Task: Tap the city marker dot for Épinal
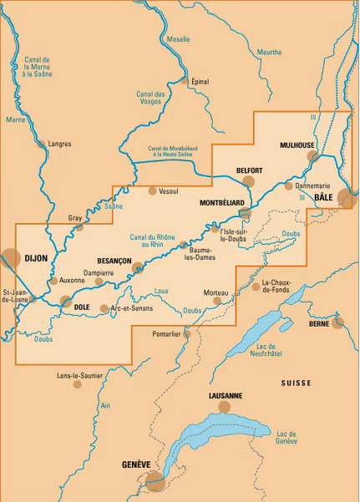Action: (185, 81)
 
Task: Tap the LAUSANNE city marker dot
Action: (224, 407)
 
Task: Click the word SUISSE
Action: (296, 383)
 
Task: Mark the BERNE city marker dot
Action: (337, 322)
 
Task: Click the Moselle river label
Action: (178, 39)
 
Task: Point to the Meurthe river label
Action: (270, 52)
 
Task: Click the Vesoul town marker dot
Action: (152, 191)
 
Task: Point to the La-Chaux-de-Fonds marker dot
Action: (256, 286)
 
